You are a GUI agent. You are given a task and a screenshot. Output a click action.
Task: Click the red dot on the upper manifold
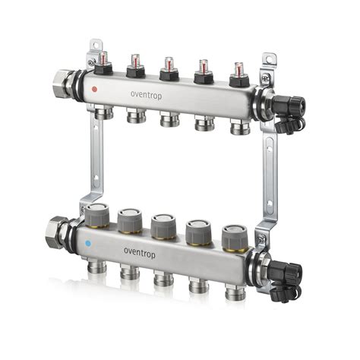coord(94,89)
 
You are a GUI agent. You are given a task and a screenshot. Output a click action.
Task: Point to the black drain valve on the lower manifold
coord(286,273)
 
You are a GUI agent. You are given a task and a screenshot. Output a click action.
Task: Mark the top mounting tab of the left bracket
coord(93,48)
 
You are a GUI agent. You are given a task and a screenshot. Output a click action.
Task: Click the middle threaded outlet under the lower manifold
coord(163,279)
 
